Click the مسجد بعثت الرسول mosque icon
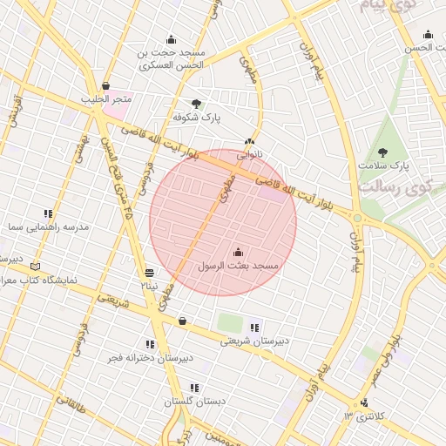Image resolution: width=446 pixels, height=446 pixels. coord(239,252)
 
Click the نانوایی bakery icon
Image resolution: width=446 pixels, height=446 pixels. coord(250,141)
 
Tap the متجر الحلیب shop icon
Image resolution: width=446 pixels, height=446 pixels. coord(106,86)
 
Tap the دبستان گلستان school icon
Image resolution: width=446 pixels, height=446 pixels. coord(194,388)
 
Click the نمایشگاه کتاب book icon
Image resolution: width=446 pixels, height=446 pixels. coord(35,267)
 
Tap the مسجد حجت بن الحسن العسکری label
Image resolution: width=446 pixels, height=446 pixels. coord(171,58)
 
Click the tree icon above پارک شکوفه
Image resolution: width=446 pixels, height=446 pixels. coord(196,103)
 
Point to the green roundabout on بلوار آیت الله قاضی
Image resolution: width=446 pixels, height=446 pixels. coord(357,218)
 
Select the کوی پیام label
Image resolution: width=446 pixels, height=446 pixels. coord(383,6)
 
